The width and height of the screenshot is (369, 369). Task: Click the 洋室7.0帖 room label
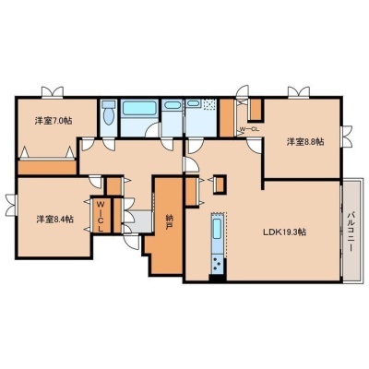(54, 121)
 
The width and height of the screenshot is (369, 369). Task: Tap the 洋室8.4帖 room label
(55, 220)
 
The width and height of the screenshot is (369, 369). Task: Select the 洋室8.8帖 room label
(305, 142)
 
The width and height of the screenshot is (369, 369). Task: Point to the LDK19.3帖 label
(284, 232)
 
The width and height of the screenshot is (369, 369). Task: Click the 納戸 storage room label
(169, 222)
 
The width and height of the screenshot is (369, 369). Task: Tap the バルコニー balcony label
(352, 232)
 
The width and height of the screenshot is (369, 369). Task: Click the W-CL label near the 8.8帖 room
(249, 129)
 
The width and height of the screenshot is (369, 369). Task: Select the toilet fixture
(108, 113)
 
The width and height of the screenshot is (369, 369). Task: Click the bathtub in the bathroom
(139, 108)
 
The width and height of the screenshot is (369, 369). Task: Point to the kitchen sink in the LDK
(217, 228)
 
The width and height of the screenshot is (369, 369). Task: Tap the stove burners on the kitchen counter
(217, 264)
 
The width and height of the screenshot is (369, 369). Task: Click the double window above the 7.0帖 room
(53, 92)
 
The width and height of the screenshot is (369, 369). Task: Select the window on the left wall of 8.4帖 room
(11, 205)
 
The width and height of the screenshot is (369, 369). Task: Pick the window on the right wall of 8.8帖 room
(346, 136)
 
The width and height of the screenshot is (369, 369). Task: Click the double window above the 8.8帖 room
(299, 92)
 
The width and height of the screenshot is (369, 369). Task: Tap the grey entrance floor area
(140, 220)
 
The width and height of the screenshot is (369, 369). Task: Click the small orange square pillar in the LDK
(220, 184)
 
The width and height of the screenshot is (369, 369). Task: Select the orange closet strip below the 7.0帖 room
(47, 167)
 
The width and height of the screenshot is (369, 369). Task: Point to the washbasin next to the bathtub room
(172, 105)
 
